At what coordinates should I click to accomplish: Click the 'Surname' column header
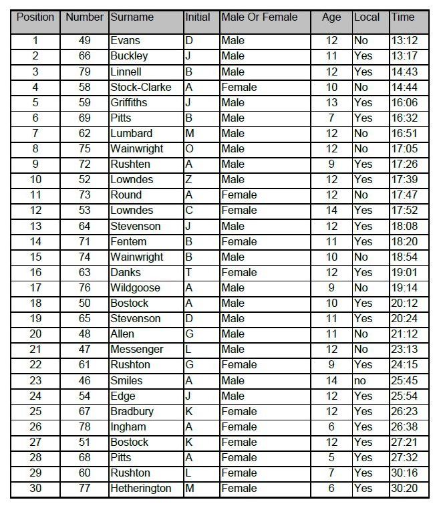point(132,17)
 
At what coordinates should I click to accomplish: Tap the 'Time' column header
point(403,17)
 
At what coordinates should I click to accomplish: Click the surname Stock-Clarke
point(140,87)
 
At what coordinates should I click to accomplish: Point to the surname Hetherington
point(140,488)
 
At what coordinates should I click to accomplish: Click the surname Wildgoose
point(135,287)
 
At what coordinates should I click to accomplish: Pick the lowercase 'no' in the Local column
point(361,380)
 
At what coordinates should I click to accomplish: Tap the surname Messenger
point(136,350)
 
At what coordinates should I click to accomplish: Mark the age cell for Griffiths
point(331,102)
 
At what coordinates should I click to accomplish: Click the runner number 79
point(85,72)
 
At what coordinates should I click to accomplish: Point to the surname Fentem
point(128,241)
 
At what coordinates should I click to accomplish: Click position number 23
point(35,380)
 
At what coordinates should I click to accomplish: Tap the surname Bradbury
point(132,411)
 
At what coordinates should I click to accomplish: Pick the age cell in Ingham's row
point(331,426)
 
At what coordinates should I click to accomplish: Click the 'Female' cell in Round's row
point(239,195)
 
